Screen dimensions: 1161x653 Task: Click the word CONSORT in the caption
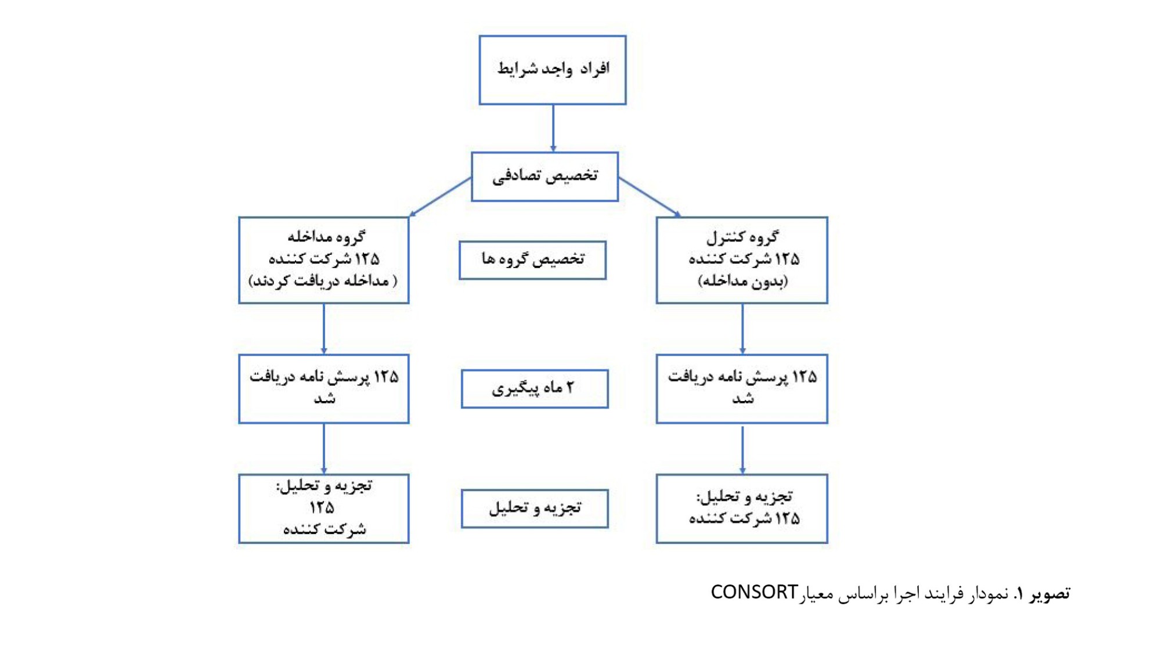tap(754, 592)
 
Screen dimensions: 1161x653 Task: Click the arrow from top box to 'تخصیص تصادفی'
tap(553, 128)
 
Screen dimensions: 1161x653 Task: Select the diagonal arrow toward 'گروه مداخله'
tap(440, 197)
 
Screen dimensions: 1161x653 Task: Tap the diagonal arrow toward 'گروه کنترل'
tap(650, 197)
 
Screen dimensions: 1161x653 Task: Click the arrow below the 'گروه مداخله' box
tap(324, 329)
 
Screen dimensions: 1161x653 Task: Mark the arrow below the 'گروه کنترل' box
tap(742, 329)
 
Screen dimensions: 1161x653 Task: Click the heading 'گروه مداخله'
tap(326, 236)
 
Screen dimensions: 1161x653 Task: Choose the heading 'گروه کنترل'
tap(742, 237)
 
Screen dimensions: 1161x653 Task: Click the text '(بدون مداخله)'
tap(742, 282)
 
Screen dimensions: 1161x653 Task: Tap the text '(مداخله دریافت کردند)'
tap(323, 281)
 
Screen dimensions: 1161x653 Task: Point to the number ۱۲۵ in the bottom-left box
tap(322, 508)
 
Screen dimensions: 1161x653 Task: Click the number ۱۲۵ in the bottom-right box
tap(787, 518)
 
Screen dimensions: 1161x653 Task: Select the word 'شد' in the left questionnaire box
tap(324, 398)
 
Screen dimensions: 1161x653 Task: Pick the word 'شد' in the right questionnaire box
tap(743, 398)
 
